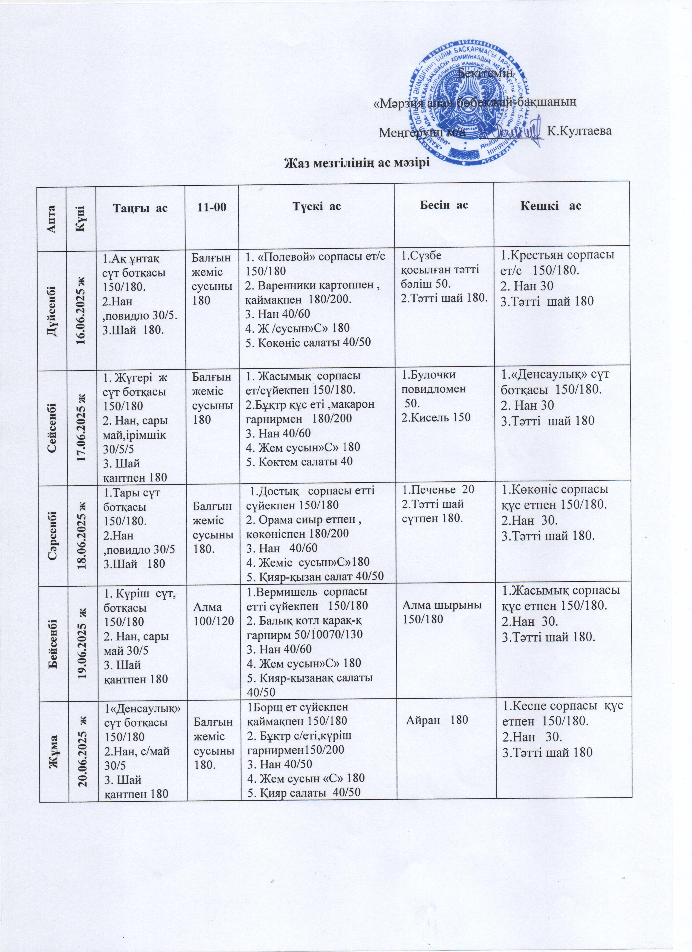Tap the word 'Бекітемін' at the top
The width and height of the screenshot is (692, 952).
tap(485, 73)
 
